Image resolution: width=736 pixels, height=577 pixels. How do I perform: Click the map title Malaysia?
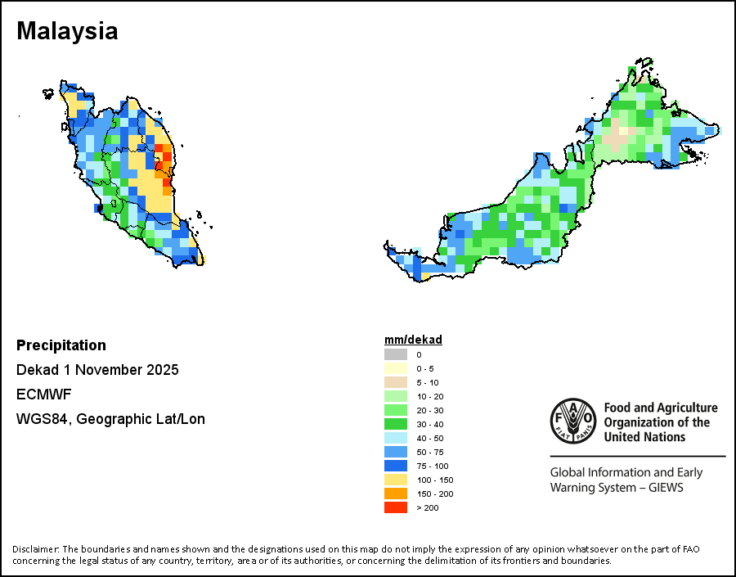67,31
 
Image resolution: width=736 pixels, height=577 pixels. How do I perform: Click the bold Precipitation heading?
61,345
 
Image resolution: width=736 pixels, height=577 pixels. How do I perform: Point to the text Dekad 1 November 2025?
97,370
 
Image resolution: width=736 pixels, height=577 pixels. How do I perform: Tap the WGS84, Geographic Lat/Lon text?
110,419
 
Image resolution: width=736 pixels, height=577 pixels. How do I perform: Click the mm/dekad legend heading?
413,340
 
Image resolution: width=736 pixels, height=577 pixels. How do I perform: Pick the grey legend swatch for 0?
396,354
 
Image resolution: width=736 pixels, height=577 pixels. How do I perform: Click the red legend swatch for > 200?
396,507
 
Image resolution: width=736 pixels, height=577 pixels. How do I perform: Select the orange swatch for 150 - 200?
396,494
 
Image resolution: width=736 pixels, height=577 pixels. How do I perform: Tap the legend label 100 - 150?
434,480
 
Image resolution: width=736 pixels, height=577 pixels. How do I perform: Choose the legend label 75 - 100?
433,466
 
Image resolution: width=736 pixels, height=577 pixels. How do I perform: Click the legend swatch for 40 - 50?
396,438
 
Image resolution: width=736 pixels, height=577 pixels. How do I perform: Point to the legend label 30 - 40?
430,424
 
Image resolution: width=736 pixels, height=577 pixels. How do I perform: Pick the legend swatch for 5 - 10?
396,382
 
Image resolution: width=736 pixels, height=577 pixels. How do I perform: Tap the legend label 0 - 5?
425,368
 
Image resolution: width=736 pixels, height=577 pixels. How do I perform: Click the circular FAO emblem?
573,421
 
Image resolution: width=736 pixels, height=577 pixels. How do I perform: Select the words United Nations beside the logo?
645,437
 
